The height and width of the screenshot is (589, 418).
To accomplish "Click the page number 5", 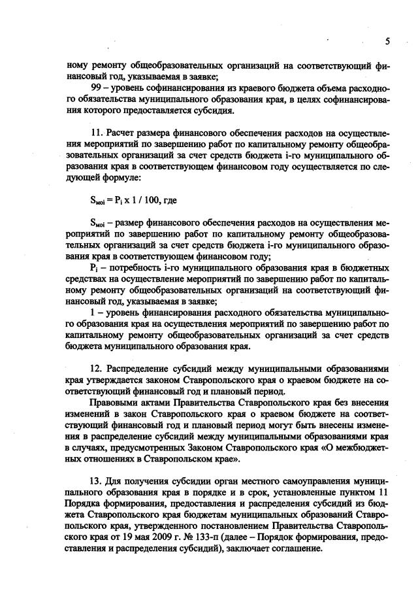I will point(387,41).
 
